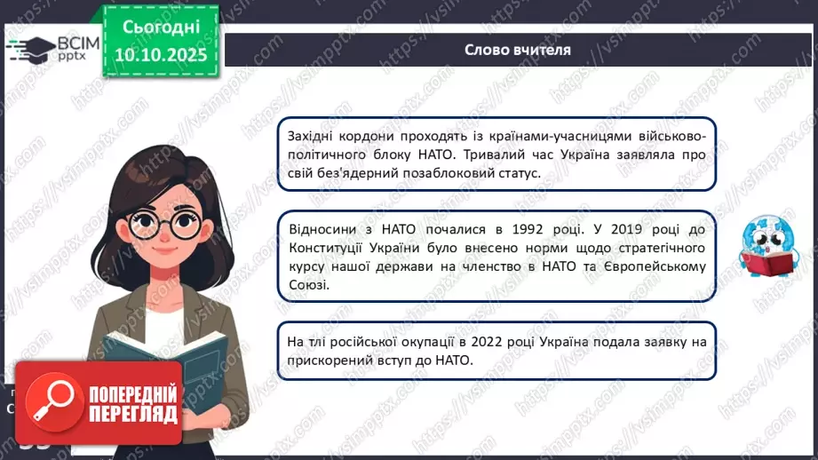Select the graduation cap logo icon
click(32, 45)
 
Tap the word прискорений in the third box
click(327, 361)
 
